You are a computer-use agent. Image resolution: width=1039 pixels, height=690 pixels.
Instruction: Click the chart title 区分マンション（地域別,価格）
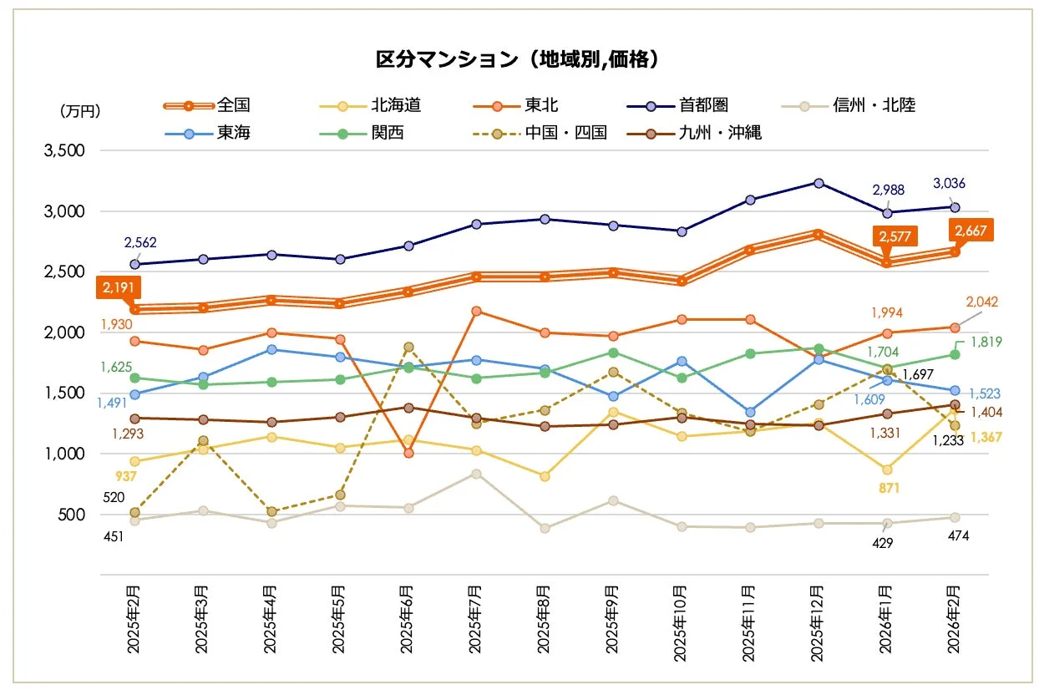click(x=519, y=59)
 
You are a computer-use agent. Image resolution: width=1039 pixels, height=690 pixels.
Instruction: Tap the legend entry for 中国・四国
click(x=565, y=133)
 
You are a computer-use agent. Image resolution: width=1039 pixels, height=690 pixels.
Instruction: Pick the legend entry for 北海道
click(x=396, y=105)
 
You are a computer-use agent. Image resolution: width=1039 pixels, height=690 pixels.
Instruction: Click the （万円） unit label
click(x=80, y=110)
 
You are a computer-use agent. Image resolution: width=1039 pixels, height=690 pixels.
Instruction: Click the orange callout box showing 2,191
click(x=119, y=287)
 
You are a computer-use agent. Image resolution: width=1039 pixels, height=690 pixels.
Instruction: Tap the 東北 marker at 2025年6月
click(x=408, y=453)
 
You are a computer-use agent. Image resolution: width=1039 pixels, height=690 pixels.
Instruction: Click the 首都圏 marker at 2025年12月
click(x=819, y=183)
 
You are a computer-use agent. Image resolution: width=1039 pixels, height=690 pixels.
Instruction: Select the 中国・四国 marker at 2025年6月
click(x=408, y=347)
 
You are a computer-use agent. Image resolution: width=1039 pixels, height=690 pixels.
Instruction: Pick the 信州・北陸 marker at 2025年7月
click(x=476, y=474)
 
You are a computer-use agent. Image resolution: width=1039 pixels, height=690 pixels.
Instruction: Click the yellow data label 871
click(x=888, y=488)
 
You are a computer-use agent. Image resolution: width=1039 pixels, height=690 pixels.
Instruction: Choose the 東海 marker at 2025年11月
click(x=750, y=412)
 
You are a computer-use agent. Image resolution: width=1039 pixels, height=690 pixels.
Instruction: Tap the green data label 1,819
click(x=986, y=342)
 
